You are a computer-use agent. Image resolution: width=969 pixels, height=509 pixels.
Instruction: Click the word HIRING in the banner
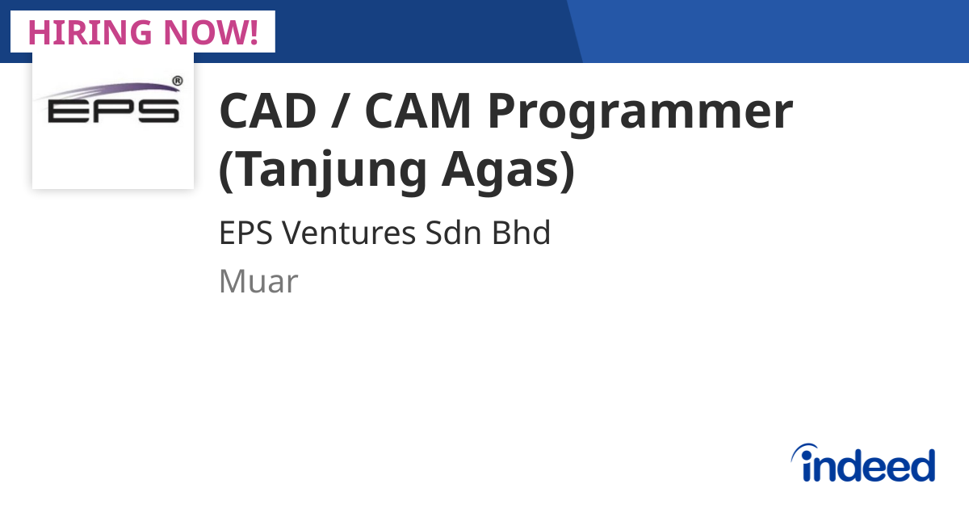tap(88, 32)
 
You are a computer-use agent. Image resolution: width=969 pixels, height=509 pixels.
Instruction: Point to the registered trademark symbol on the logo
tap(178, 81)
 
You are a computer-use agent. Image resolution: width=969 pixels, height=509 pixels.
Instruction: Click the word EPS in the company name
tap(245, 233)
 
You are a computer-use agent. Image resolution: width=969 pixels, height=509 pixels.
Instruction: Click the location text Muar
tap(258, 281)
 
